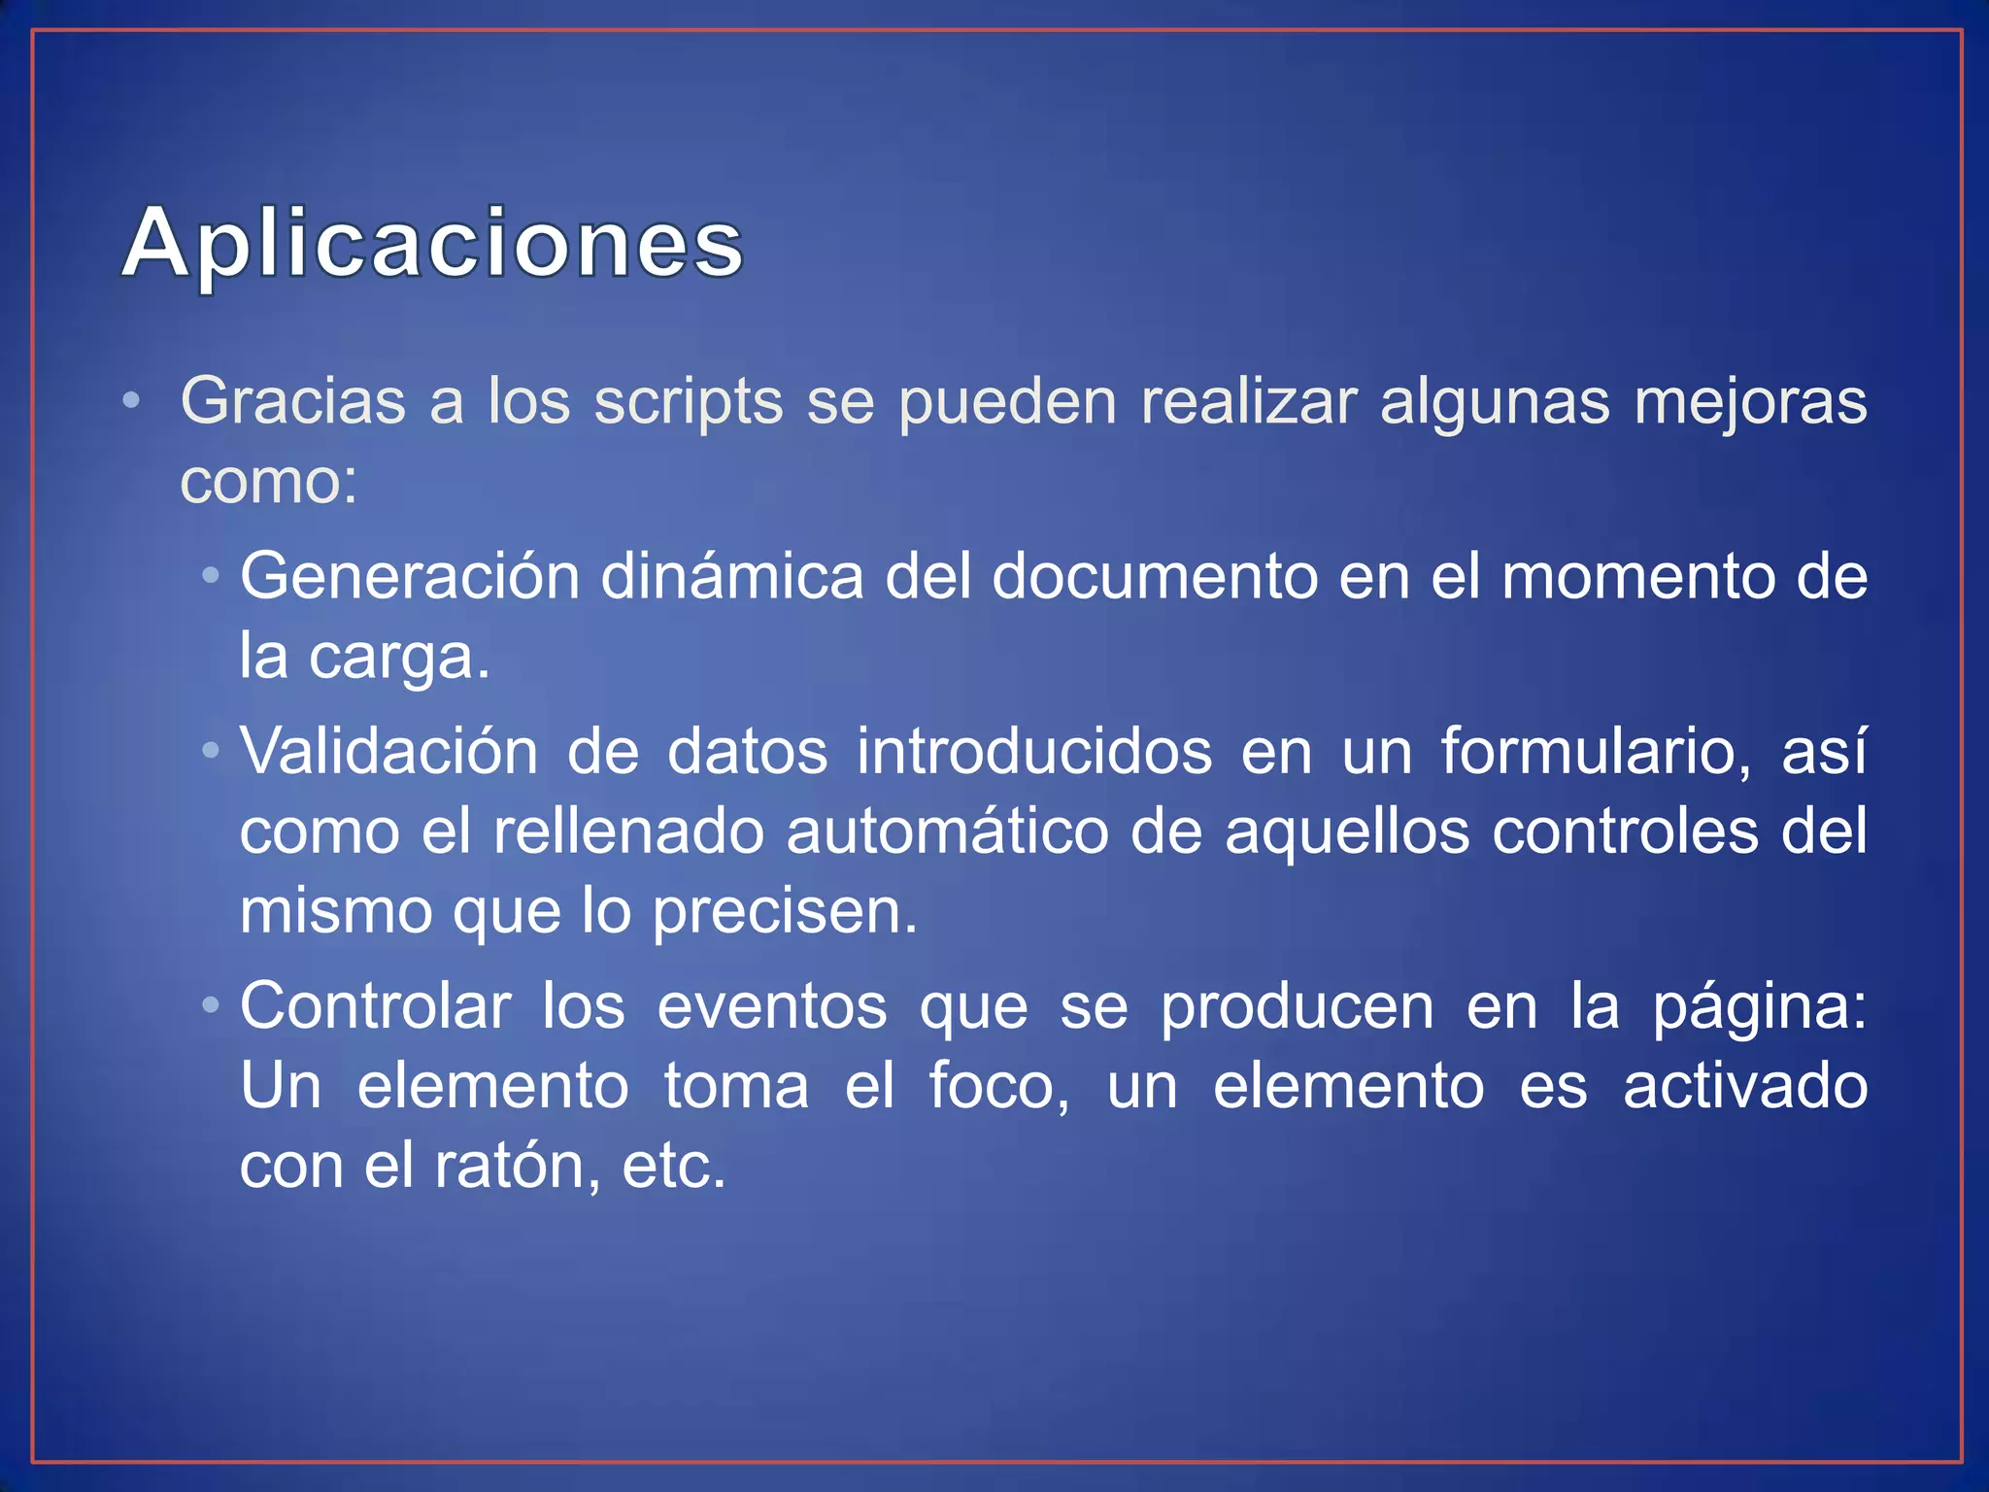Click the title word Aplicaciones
point(433,243)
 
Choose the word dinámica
point(731,577)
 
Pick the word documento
point(1154,577)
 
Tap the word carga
point(398,658)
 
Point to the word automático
point(947,832)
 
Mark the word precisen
point(784,913)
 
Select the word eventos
point(772,1006)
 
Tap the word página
point(1760,1008)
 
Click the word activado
point(1745,1086)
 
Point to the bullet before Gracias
point(132,400)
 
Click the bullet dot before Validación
point(211,751)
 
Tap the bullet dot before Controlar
point(211,1005)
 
